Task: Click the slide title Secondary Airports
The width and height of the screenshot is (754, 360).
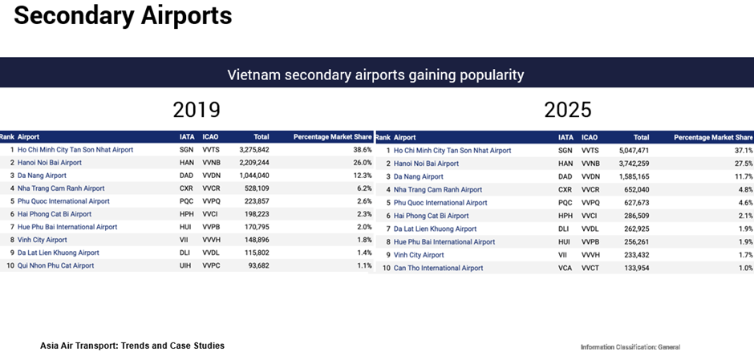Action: click(123, 16)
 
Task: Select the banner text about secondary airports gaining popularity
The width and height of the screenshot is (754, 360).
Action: click(375, 75)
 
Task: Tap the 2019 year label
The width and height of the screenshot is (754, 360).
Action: click(197, 110)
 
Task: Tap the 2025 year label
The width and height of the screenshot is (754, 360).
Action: click(567, 110)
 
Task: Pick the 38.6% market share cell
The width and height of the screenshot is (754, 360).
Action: click(363, 150)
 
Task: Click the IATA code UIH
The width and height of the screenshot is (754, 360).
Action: click(185, 265)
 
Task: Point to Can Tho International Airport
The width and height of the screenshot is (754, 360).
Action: click(438, 268)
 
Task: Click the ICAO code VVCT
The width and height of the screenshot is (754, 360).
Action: click(590, 268)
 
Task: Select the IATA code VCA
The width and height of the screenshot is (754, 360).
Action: click(565, 268)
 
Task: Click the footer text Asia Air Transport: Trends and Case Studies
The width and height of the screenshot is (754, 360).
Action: click(132, 346)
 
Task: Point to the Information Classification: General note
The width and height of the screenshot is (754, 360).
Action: click(630, 347)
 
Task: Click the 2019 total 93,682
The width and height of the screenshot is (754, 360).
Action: click(257, 265)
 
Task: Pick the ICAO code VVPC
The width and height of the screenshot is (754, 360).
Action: click(211, 265)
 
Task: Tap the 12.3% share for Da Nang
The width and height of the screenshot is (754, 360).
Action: click(363, 176)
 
